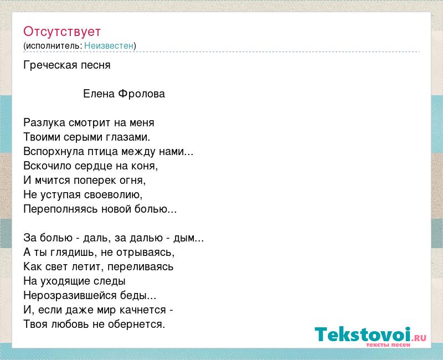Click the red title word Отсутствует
click(x=62, y=32)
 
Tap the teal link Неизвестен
click(x=109, y=45)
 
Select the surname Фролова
click(x=141, y=94)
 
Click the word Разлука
click(x=44, y=123)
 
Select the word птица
click(x=102, y=152)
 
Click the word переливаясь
click(x=141, y=267)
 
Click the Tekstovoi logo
click(x=370, y=336)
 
